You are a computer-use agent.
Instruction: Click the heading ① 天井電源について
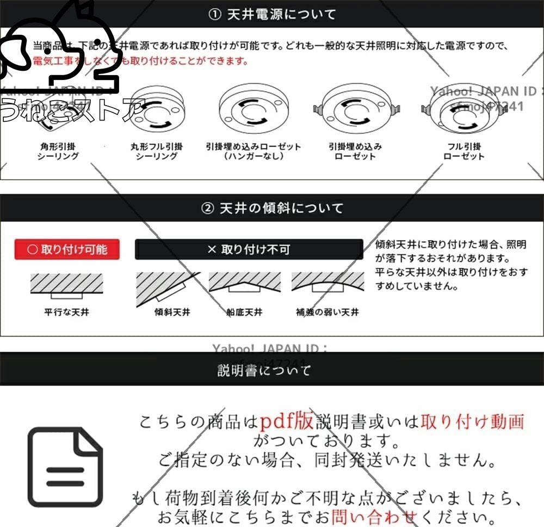point(272,14)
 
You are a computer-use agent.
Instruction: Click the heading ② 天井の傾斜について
point(272,208)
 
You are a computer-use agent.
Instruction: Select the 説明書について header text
point(264,371)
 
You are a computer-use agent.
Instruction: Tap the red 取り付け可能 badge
point(67,250)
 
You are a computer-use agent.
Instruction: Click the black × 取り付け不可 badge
point(249,250)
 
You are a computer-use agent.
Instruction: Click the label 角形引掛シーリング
point(58,151)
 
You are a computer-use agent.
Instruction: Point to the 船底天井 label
point(244,312)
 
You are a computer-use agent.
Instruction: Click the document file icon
point(65,467)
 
